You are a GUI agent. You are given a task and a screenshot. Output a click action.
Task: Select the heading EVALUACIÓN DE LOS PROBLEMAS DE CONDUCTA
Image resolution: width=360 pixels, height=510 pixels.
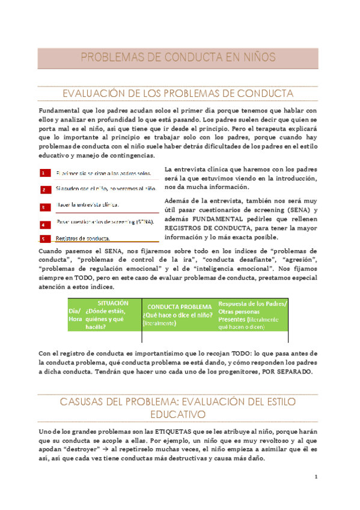pos(178,94)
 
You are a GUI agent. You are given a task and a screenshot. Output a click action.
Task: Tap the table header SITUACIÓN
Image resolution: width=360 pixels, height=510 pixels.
pos(109,303)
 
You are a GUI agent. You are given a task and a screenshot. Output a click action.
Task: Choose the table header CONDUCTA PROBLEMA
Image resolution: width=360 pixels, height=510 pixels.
pos(179,306)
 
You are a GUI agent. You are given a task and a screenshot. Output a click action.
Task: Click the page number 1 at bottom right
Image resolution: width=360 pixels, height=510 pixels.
pos(316,477)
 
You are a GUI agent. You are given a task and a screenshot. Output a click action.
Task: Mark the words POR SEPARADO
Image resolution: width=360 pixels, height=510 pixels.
pos(286,372)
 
